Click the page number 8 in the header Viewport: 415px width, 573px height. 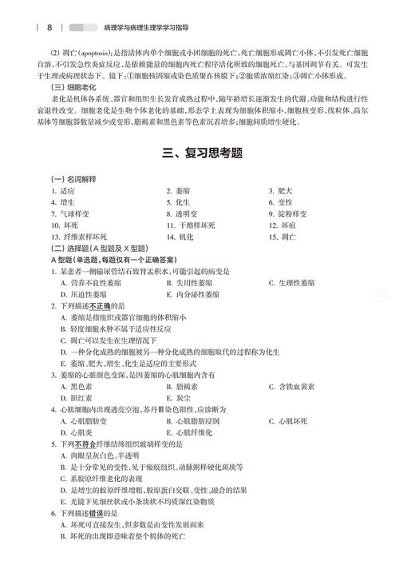pyautogui.click(x=49, y=26)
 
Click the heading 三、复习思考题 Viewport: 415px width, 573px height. pyautogui.click(x=207, y=156)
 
